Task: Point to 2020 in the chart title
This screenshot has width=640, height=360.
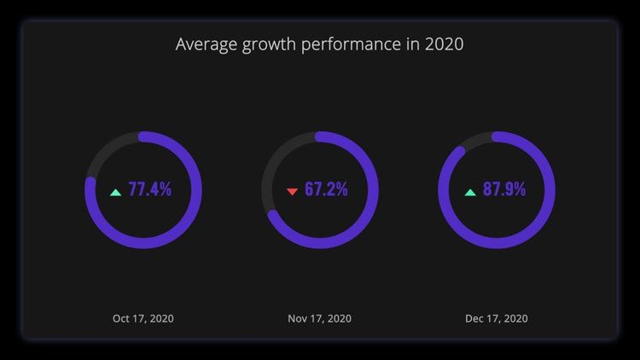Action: [x=444, y=44]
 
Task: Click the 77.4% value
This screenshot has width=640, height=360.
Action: [x=149, y=189]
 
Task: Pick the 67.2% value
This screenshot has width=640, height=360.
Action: [x=326, y=189]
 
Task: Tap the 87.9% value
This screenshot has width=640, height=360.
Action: [x=504, y=189]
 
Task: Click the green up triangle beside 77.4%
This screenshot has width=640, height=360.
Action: [x=115, y=191]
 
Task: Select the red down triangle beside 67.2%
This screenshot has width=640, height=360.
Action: [x=292, y=191]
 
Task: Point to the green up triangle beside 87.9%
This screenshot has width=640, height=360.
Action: [x=469, y=191]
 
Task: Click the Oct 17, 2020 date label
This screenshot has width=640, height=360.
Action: [x=143, y=318]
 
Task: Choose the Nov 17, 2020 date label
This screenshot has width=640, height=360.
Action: [x=320, y=318]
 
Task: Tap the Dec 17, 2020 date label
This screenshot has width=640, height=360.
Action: [x=497, y=318]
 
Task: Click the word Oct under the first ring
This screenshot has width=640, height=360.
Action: [x=122, y=318]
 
